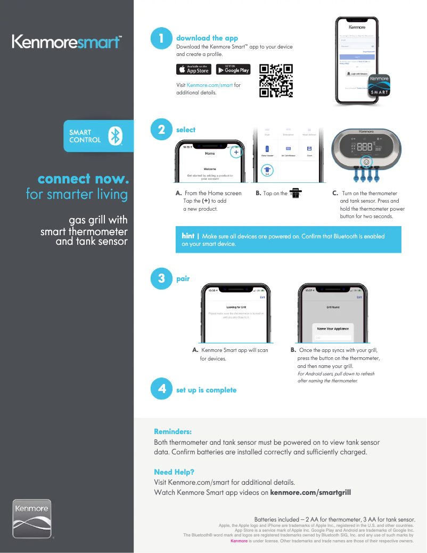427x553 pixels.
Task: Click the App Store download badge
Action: [194, 69]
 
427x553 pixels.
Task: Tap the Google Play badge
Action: [233, 69]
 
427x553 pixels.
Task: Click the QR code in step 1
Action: [276, 81]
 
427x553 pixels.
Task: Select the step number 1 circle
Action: [161, 38]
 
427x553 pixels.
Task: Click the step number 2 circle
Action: [161, 130]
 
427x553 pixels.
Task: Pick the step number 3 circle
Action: [161, 278]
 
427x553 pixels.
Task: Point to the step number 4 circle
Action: [161, 389]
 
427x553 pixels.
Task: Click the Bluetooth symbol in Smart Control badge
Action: [115, 136]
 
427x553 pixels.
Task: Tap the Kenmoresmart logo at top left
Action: [67, 42]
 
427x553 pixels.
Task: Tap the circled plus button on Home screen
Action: [236, 152]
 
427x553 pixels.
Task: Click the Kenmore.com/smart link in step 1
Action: [209, 85]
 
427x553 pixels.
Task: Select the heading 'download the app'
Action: [207, 38]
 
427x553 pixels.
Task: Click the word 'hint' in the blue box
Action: [188, 236]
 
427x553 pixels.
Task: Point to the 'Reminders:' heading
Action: [173, 431]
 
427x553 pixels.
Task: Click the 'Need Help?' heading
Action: [174, 472]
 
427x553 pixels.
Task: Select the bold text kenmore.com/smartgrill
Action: [310, 492]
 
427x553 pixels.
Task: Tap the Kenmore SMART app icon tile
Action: [379, 85]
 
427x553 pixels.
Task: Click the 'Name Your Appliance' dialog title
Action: [333, 328]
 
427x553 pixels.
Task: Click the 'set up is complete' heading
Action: [206, 390]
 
